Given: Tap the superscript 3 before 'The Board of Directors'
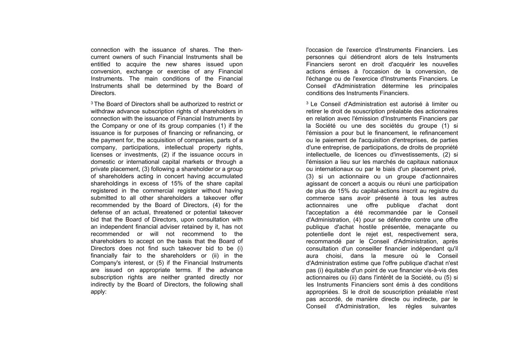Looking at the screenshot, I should point(92,103).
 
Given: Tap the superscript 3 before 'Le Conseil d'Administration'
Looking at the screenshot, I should point(307,103).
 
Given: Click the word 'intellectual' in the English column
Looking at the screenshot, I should point(180,147).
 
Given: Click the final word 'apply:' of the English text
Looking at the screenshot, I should point(98,292).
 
